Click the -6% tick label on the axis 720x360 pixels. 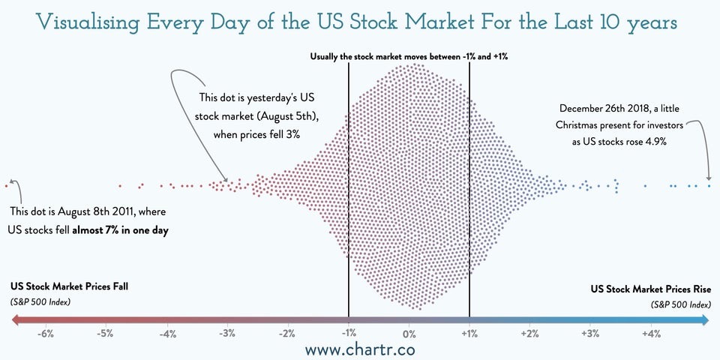[44, 334]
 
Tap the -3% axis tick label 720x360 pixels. [226, 334]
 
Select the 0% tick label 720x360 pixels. [409, 334]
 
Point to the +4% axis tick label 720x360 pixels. [651, 334]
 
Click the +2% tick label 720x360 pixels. [529, 334]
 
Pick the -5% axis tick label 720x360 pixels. [105, 334]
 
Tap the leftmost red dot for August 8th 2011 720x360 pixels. [5, 184]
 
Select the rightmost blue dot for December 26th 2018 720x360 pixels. [709, 184]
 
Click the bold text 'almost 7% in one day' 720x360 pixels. [120, 231]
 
